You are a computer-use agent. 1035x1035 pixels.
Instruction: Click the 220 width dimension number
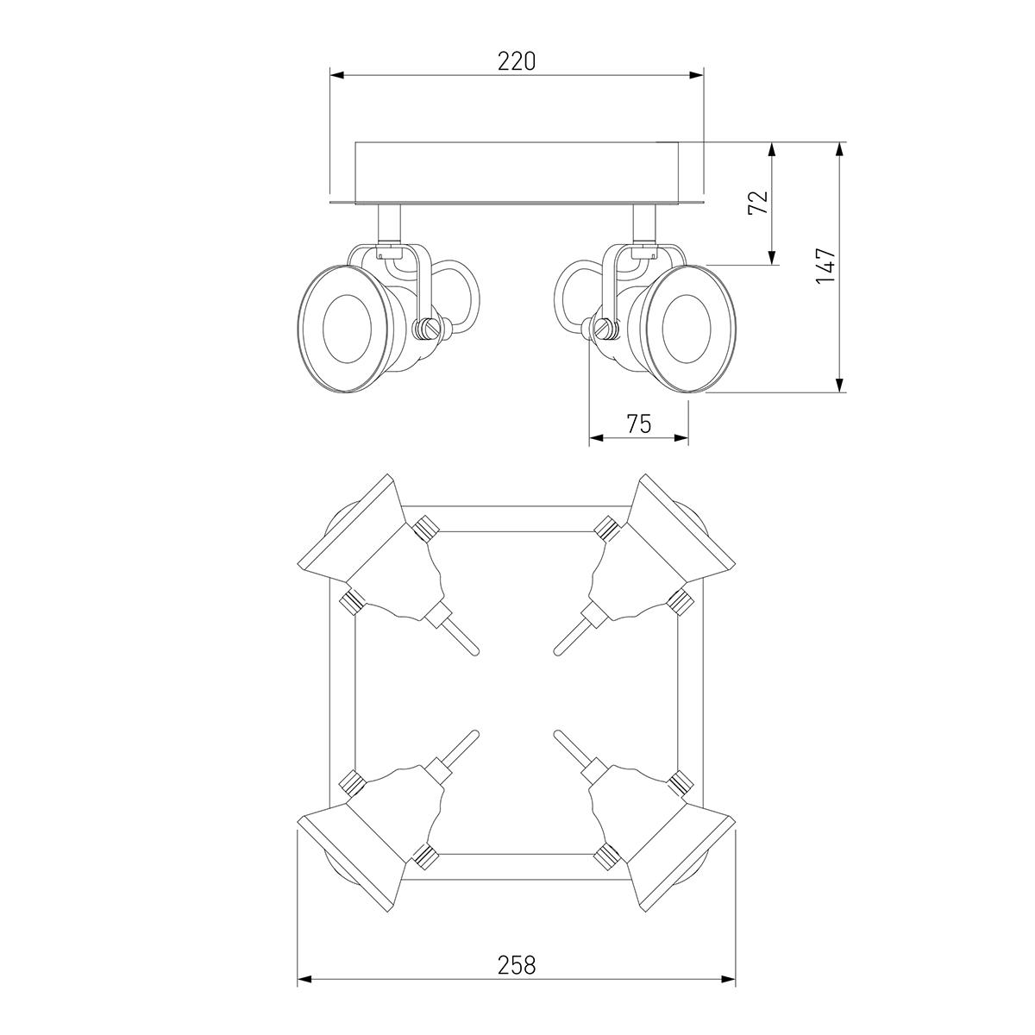click(x=516, y=61)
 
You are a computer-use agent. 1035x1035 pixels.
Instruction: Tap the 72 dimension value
click(x=758, y=203)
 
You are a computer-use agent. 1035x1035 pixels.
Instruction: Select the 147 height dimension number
click(x=825, y=266)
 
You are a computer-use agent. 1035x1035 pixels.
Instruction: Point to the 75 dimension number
click(x=638, y=423)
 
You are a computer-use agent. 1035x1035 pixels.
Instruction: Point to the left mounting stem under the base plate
click(x=389, y=224)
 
